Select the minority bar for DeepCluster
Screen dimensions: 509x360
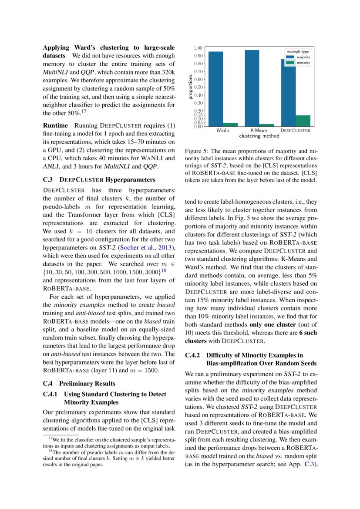click(303, 121)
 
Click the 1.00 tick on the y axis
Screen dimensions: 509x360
click(198, 48)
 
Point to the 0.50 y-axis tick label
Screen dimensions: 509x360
click(198, 87)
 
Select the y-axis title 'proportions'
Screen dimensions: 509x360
click(191, 87)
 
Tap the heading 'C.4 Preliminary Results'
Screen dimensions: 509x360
click(79, 383)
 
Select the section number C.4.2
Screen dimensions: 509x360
click(193, 355)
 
